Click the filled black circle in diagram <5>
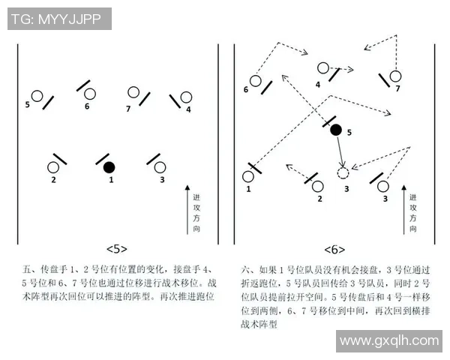[109, 166]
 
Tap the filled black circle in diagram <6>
[336, 130]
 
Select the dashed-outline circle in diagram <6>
[343, 173]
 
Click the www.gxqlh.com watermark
[389, 340]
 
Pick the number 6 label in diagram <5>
[87, 107]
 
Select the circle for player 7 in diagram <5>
[134, 93]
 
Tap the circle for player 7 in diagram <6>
[395, 75]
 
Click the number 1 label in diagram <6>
[248, 190]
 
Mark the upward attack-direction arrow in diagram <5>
[187, 210]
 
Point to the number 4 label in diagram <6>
[318, 85]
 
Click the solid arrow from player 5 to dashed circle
[340, 151]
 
